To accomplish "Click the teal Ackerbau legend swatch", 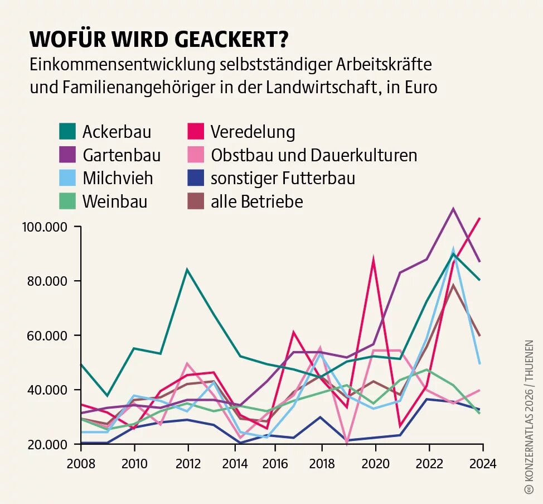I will tap(67, 132).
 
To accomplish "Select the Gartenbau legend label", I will tap(121, 155).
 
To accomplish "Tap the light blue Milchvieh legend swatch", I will tap(67, 178).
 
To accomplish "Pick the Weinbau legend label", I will tap(114, 201).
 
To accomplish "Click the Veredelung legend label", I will tap(253, 132).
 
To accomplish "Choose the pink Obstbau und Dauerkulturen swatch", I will tap(196, 155).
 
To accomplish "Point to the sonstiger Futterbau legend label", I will tap(283, 179).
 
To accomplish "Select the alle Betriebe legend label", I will tap(256, 201).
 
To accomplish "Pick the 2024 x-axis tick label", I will tap(482, 463).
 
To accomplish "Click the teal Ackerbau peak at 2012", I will tap(187, 270).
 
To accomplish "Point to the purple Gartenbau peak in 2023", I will tap(453, 209).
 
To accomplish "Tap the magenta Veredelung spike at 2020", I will tap(373, 259).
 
